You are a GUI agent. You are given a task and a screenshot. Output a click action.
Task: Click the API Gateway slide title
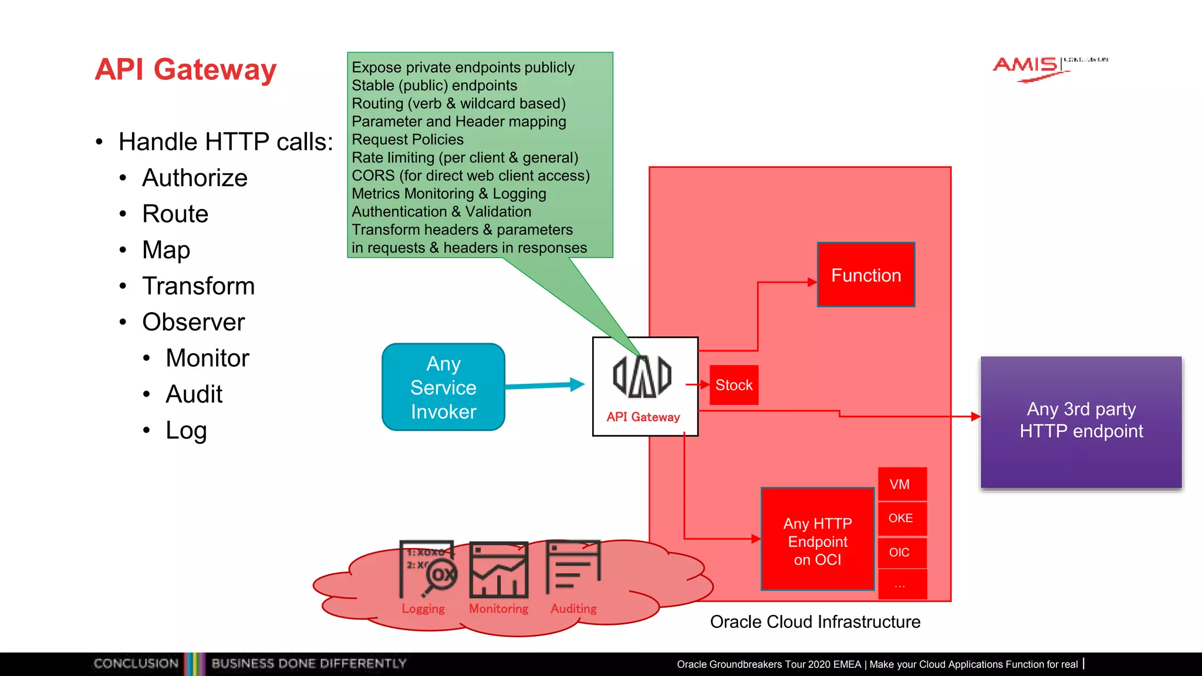point(185,69)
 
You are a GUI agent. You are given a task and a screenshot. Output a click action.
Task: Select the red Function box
point(866,275)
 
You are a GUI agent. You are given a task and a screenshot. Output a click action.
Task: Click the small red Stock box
point(734,385)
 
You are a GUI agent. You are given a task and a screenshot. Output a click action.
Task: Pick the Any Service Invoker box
point(443,387)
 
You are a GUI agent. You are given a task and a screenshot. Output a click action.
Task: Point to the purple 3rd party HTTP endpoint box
point(1081,421)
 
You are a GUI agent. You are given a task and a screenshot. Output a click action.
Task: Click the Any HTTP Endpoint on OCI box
point(818,540)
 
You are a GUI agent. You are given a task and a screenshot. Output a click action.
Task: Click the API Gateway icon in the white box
point(642,377)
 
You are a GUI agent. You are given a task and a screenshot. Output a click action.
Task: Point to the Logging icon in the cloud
point(428,569)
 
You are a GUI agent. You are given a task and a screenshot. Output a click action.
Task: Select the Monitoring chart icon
point(499,569)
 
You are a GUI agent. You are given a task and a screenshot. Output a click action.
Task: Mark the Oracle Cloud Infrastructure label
point(815,621)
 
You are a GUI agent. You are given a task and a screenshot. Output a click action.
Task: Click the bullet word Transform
point(198,286)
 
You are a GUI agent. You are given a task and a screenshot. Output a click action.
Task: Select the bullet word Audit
point(194,394)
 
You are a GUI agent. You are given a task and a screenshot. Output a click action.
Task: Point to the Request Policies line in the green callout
point(407,140)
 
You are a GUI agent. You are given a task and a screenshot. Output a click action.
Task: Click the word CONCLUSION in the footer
point(136,664)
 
